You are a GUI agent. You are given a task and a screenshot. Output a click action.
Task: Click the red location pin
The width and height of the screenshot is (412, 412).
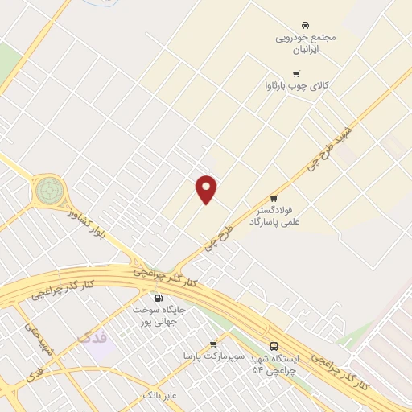(207, 188)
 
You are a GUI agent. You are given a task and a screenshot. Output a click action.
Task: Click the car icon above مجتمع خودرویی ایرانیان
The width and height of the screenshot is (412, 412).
(305, 26)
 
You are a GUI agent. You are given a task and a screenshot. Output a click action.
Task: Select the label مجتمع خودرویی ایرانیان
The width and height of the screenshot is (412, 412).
(306, 43)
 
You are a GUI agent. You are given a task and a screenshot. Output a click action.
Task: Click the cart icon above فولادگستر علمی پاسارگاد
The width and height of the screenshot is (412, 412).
(274, 198)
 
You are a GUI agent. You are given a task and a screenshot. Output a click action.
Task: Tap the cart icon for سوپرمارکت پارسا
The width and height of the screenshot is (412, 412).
(213, 344)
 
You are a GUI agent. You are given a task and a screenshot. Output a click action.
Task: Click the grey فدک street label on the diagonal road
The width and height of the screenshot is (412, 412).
(35, 373)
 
